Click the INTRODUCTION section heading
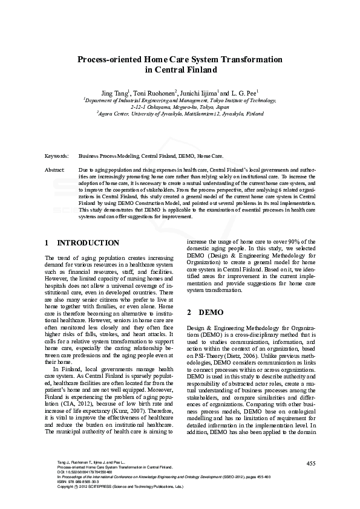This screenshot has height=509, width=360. (88, 243)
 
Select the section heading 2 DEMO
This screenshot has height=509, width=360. (197, 313)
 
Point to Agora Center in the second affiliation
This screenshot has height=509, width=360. (113, 113)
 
